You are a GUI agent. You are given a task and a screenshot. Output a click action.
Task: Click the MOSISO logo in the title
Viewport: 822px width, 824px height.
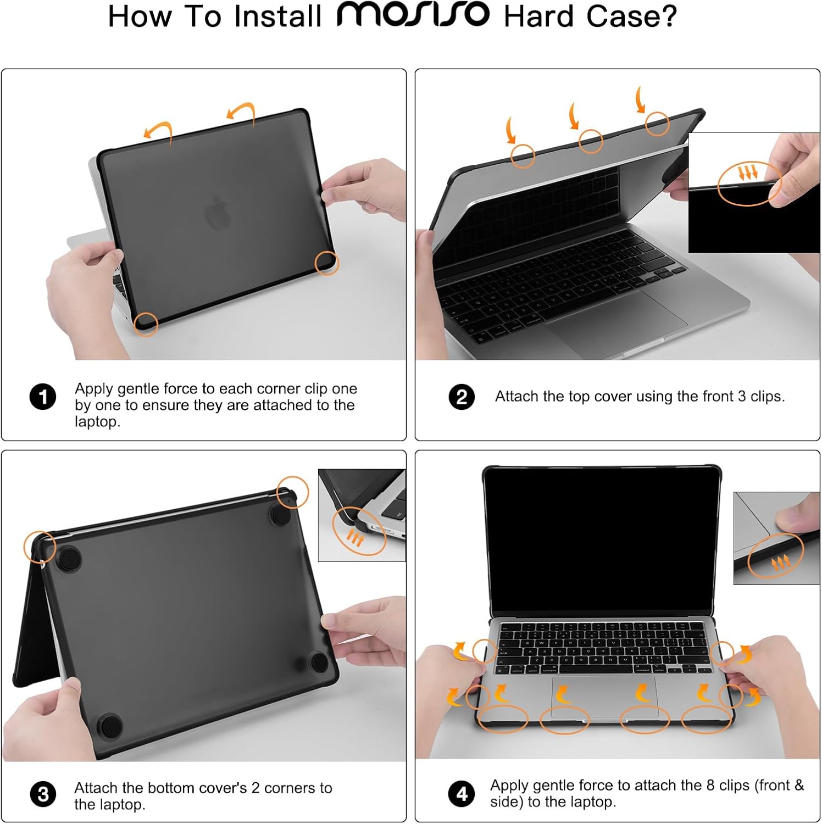(413, 15)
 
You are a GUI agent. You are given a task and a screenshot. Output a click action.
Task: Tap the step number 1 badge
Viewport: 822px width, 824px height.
(43, 397)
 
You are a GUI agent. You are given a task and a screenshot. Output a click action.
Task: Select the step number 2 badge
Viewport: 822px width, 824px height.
(462, 397)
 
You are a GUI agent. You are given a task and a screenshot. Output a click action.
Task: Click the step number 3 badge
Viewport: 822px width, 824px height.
(43, 795)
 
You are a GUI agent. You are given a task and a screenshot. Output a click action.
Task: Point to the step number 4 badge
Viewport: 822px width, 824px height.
(462, 794)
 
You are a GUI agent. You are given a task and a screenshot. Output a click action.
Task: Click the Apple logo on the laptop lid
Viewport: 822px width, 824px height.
(219, 211)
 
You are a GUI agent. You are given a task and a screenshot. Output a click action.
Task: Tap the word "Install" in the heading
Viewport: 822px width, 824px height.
(277, 16)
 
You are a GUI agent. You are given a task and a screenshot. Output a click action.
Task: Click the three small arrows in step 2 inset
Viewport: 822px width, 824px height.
(747, 174)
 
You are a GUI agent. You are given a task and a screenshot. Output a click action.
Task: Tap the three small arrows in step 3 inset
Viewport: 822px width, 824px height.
(356, 538)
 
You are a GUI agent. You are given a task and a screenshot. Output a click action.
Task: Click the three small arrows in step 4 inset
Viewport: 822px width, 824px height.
(780, 563)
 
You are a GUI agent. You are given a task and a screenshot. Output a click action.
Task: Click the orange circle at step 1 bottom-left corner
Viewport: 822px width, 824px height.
(146, 324)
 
